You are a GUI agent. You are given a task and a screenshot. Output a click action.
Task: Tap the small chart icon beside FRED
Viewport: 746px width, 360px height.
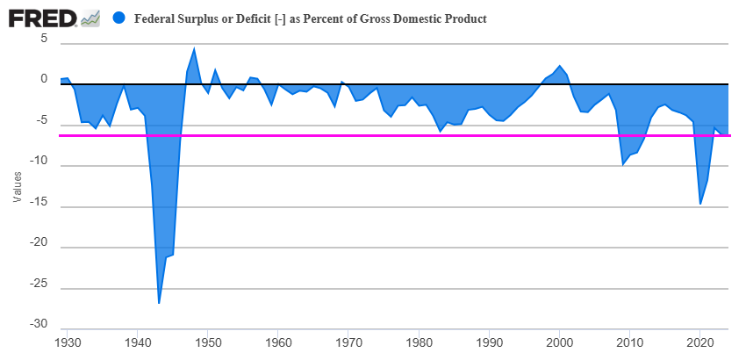tap(90, 18)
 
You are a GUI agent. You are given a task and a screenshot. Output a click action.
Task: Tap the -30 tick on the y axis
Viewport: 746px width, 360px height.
tap(38, 325)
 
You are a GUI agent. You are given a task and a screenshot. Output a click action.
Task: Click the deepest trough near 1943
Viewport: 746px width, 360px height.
tap(159, 303)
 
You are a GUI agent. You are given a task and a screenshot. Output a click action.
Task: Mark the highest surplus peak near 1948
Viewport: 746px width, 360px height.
tap(194, 48)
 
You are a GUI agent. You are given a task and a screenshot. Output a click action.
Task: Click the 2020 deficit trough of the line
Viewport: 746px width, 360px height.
tap(700, 204)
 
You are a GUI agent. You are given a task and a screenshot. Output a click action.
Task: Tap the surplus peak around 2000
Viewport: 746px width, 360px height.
tap(560, 66)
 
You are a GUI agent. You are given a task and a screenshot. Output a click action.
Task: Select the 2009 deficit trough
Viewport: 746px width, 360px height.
tap(623, 164)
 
